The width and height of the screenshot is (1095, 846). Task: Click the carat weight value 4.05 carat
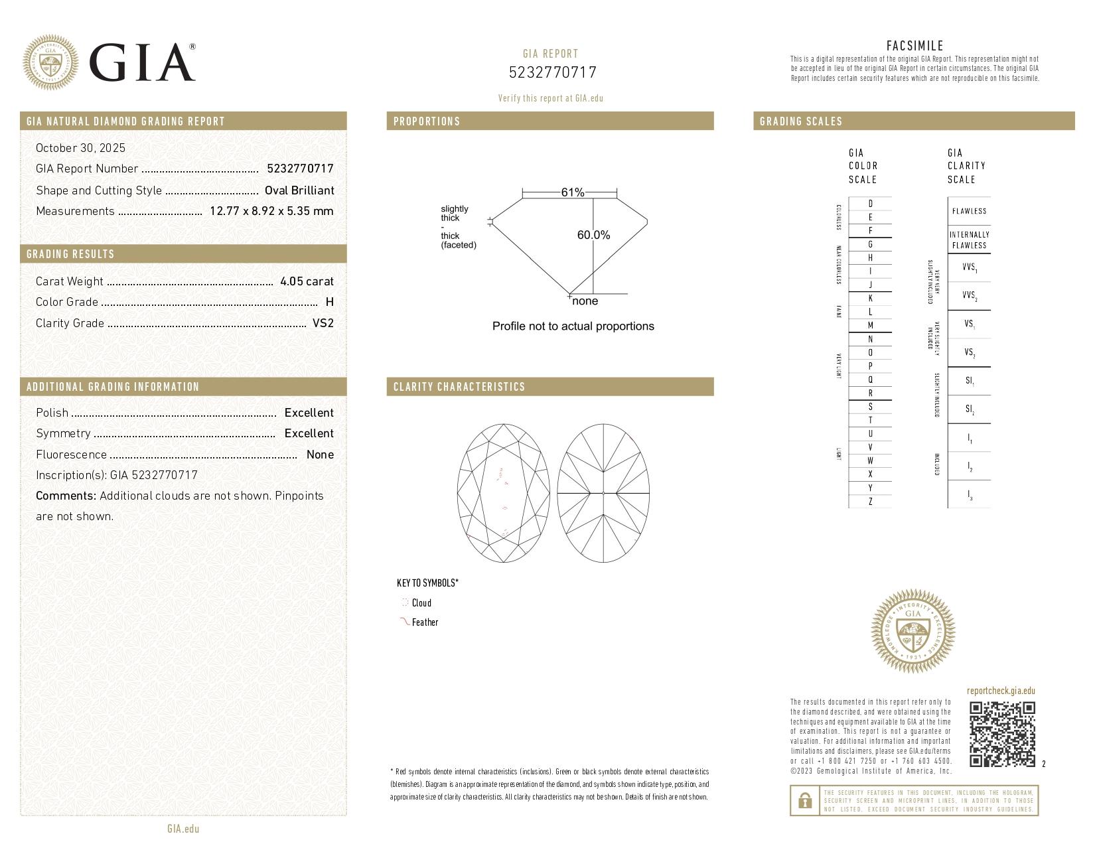pos(307,281)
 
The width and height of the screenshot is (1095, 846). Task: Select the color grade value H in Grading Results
pos(330,302)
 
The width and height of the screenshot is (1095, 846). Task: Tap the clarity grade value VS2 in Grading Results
pos(323,323)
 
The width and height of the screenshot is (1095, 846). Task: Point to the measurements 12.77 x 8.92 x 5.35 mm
pos(271,211)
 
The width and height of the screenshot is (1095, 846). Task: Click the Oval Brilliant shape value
pos(299,190)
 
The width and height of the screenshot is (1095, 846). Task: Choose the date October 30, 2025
pos(80,148)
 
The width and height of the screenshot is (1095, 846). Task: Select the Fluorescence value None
pos(320,455)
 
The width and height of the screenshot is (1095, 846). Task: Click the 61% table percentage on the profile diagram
pos(572,192)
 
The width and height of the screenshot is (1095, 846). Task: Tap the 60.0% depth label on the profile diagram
pos(593,235)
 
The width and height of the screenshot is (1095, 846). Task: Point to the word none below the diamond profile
pos(585,301)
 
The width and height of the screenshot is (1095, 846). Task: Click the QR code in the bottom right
pos(1002,734)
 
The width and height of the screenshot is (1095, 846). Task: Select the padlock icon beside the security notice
pos(805,801)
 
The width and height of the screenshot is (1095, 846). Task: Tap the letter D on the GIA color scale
pos(870,204)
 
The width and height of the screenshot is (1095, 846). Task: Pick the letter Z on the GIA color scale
pos(870,502)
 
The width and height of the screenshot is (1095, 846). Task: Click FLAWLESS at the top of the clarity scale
pos(969,211)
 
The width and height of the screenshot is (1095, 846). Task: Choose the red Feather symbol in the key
pos(403,622)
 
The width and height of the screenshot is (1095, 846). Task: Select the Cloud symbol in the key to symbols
pos(405,602)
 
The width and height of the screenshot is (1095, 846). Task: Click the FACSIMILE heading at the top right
pos(914,46)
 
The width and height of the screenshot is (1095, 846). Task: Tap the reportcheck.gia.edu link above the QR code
pos(1001,691)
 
